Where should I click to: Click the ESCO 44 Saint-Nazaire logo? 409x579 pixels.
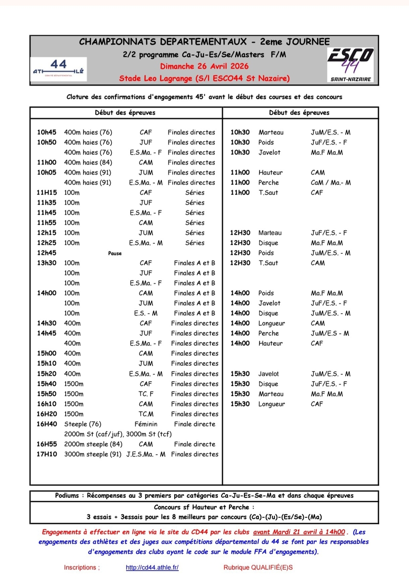tap(351, 64)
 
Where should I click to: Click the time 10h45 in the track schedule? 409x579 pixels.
tap(46, 132)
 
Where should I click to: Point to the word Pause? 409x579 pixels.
tap(115, 253)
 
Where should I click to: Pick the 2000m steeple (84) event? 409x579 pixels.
tap(93, 444)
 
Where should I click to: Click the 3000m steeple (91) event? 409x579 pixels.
tap(93, 454)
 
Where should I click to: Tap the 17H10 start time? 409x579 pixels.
tap(46, 454)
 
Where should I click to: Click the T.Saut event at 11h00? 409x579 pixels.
tap(268, 193)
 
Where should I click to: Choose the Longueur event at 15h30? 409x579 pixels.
tap(271, 404)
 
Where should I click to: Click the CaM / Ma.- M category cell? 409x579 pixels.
tap(331, 182)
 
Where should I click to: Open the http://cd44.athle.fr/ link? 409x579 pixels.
tap(152, 568)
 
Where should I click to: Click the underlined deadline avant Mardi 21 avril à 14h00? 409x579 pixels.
tap(299, 533)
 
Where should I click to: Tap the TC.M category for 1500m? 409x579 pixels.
tap(146, 414)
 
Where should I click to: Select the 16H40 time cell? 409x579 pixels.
tap(46, 424)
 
